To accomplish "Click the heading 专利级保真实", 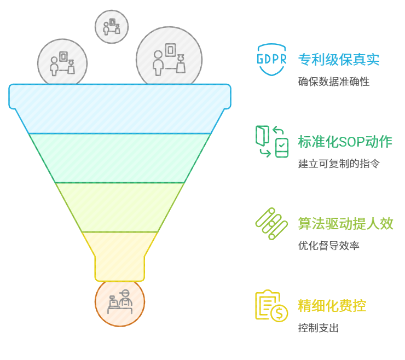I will tap(339, 59).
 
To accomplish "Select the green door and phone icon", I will tap(271, 142).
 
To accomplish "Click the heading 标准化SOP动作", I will tap(345, 142).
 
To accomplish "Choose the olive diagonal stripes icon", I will tap(271, 223).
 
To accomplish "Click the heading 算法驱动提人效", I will tap(345, 223).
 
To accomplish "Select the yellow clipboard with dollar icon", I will tap(271, 305).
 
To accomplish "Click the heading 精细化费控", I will tap(332, 305).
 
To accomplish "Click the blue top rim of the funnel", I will tap(120, 96).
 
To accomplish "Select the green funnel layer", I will tap(120, 158).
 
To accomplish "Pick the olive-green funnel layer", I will tap(120, 207).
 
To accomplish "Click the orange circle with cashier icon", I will tap(120, 302).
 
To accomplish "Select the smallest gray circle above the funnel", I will tap(112, 26).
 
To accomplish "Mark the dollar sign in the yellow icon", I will tap(280, 313).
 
